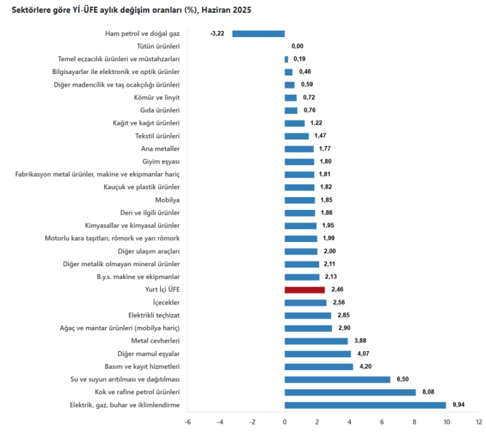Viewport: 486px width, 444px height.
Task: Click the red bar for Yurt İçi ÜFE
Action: click(x=304, y=290)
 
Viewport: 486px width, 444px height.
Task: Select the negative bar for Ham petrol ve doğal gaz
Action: click(x=258, y=34)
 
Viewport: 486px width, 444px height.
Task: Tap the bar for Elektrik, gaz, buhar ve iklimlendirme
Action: click(x=365, y=405)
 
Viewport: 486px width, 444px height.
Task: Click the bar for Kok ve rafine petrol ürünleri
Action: click(x=350, y=393)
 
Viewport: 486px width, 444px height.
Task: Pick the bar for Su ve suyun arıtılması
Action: click(x=337, y=379)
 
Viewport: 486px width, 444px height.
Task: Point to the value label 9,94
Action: click(x=459, y=405)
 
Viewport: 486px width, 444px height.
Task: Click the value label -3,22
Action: click(x=217, y=34)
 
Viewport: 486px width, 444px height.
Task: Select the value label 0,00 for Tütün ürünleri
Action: click(x=298, y=46)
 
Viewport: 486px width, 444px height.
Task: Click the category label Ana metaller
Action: click(x=161, y=149)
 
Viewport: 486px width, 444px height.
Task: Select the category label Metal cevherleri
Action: click(x=156, y=341)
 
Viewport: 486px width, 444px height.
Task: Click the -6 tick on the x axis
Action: click(x=187, y=422)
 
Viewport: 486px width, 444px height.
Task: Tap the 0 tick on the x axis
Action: click(x=284, y=422)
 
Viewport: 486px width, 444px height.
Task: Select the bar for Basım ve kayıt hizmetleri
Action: click(x=319, y=367)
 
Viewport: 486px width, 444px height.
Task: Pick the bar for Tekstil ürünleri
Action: click(x=297, y=136)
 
